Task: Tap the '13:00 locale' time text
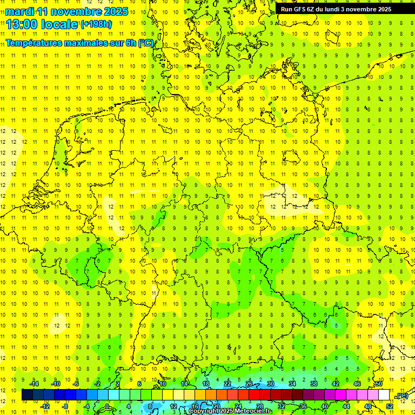click(42, 24)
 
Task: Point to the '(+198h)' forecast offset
click(96, 24)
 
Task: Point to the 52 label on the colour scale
click(390, 406)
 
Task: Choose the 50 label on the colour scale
click(379, 383)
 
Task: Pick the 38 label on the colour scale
click(314, 383)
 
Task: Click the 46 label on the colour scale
click(357, 383)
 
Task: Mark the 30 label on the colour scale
click(271, 383)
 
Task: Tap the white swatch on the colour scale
click(384, 395)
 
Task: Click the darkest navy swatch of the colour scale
click(27, 395)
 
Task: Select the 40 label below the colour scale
click(325, 406)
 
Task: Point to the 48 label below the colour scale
click(368, 406)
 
